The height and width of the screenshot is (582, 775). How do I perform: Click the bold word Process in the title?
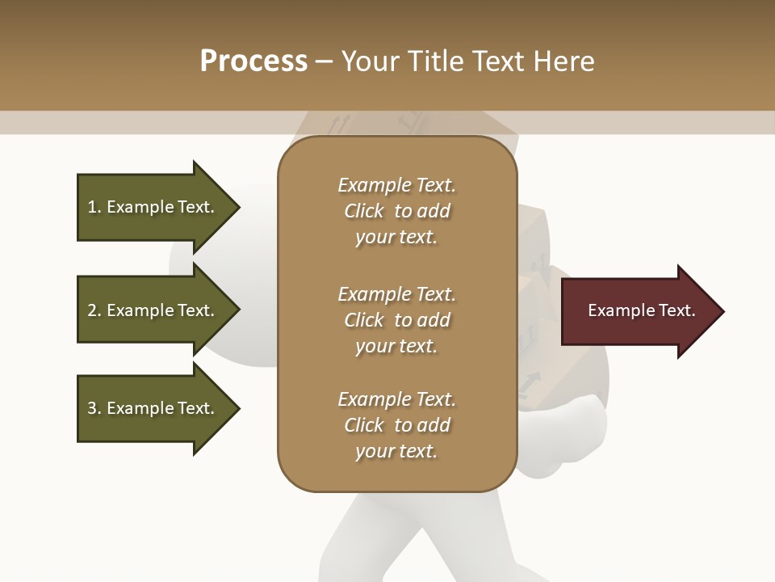[x=253, y=61]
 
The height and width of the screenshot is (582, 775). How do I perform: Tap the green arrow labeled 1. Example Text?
[x=153, y=207]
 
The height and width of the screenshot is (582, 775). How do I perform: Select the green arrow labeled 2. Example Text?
[x=153, y=310]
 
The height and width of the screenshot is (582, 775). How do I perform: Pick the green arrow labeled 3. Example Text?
[x=153, y=408]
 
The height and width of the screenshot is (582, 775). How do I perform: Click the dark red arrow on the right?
[x=638, y=311]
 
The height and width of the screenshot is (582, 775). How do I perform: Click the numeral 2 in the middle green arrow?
[x=92, y=310]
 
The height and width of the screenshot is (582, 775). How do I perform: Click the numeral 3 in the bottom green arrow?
[x=92, y=408]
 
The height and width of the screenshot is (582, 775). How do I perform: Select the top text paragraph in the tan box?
[x=396, y=211]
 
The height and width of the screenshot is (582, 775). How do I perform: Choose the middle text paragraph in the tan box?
[x=396, y=319]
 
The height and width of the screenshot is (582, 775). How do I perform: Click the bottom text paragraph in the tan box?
[x=396, y=425]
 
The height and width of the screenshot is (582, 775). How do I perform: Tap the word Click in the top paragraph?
[x=364, y=211]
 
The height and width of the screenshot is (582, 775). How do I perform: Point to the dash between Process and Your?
[x=325, y=61]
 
